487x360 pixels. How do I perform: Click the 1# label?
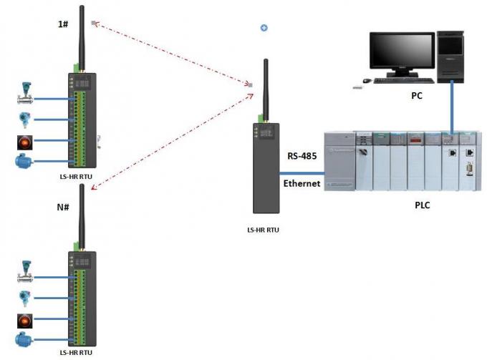[x=64, y=24]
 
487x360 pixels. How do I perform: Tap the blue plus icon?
[x=264, y=28]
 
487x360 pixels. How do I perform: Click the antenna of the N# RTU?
[x=81, y=212]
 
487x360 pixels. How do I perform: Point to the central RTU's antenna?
[x=264, y=86]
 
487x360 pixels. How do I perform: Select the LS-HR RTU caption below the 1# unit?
[x=78, y=174]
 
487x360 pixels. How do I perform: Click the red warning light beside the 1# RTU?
[x=24, y=140]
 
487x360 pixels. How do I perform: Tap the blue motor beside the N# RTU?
[x=24, y=339]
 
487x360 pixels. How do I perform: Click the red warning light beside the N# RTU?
[x=24, y=318]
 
